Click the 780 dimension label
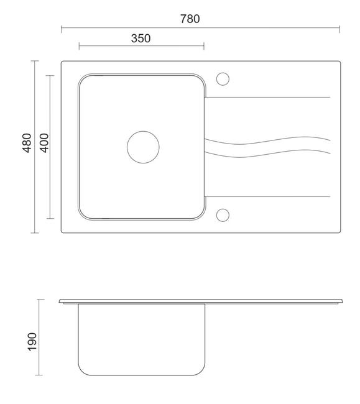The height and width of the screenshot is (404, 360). (190, 19)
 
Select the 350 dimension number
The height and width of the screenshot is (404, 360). (141, 39)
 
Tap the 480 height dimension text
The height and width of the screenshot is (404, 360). (27, 143)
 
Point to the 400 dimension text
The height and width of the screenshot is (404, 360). (44, 143)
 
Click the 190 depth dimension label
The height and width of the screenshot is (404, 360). (32, 342)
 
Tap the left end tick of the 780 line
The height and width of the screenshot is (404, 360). (62, 29)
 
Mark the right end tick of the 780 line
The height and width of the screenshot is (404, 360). (339, 29)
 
